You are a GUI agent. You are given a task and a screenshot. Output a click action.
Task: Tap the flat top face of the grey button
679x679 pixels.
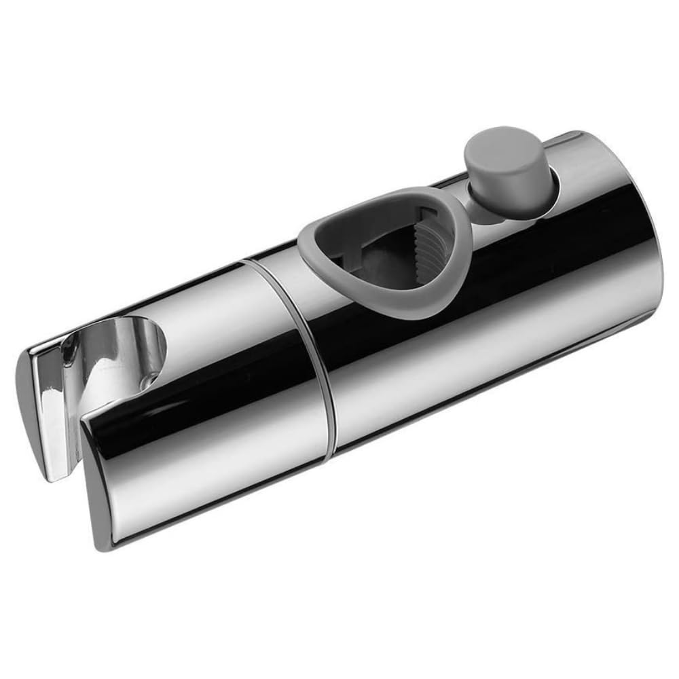click(499, 143)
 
